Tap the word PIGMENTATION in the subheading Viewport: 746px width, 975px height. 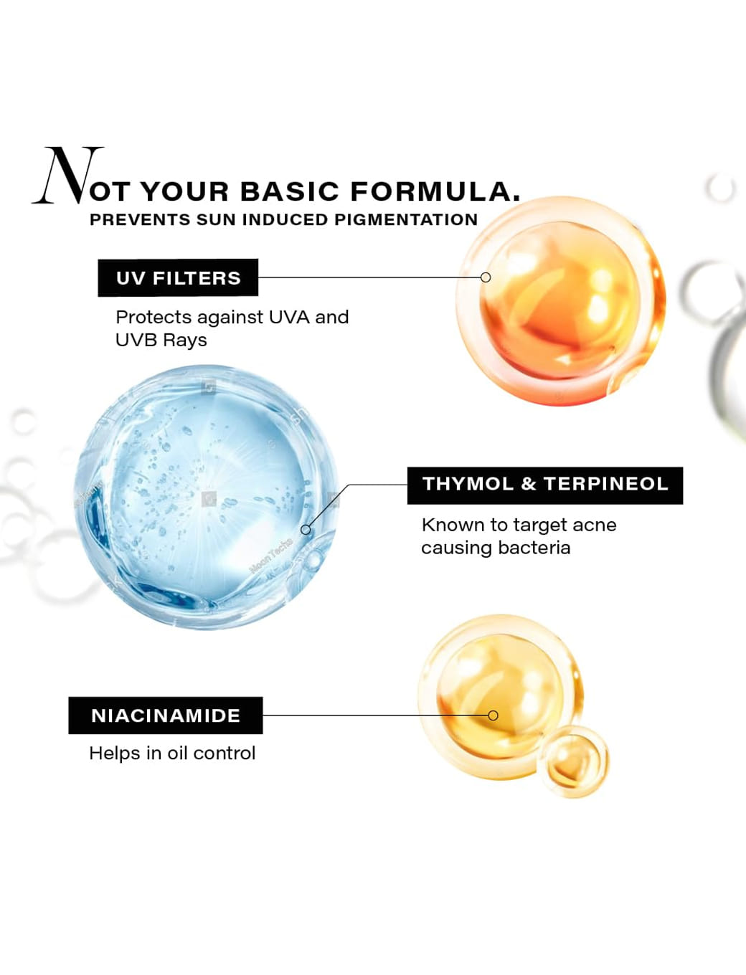coord(406,219)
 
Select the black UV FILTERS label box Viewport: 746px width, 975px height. coord(178,277)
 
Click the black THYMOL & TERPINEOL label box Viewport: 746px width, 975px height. coord(545,485)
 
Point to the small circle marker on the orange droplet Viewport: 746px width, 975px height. coord(486,277)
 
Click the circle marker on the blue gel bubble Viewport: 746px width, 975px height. coord(306,530)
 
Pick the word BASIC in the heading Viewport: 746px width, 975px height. coord(290,191)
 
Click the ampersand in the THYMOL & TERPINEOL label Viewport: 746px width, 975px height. coord(528,484)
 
